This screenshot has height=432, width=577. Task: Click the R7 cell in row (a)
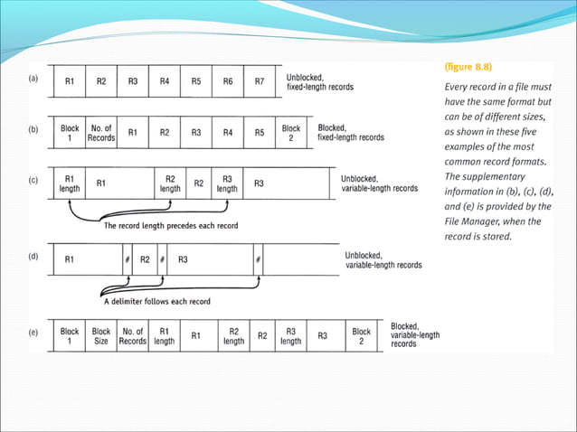(260, 81)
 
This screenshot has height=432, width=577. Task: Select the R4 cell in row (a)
(165, 81)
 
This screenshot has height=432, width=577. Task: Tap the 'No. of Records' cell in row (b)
(100, 133)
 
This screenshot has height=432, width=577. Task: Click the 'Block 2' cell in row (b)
(290, 133)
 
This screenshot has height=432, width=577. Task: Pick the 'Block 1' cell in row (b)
(70, 133)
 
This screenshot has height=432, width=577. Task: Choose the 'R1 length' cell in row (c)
(70, 183)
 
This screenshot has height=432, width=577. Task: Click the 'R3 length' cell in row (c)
(227, 183)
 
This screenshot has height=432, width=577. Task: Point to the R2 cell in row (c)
(199, 183)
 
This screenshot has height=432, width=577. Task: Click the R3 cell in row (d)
(183, 259)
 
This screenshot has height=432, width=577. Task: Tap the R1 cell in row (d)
(70, 259)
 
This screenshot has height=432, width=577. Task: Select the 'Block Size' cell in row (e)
(101, 337)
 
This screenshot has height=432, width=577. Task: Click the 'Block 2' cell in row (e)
(361, 337)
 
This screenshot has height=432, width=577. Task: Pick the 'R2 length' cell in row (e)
(233, 337)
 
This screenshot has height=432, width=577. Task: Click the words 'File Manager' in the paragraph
(475, 221)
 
